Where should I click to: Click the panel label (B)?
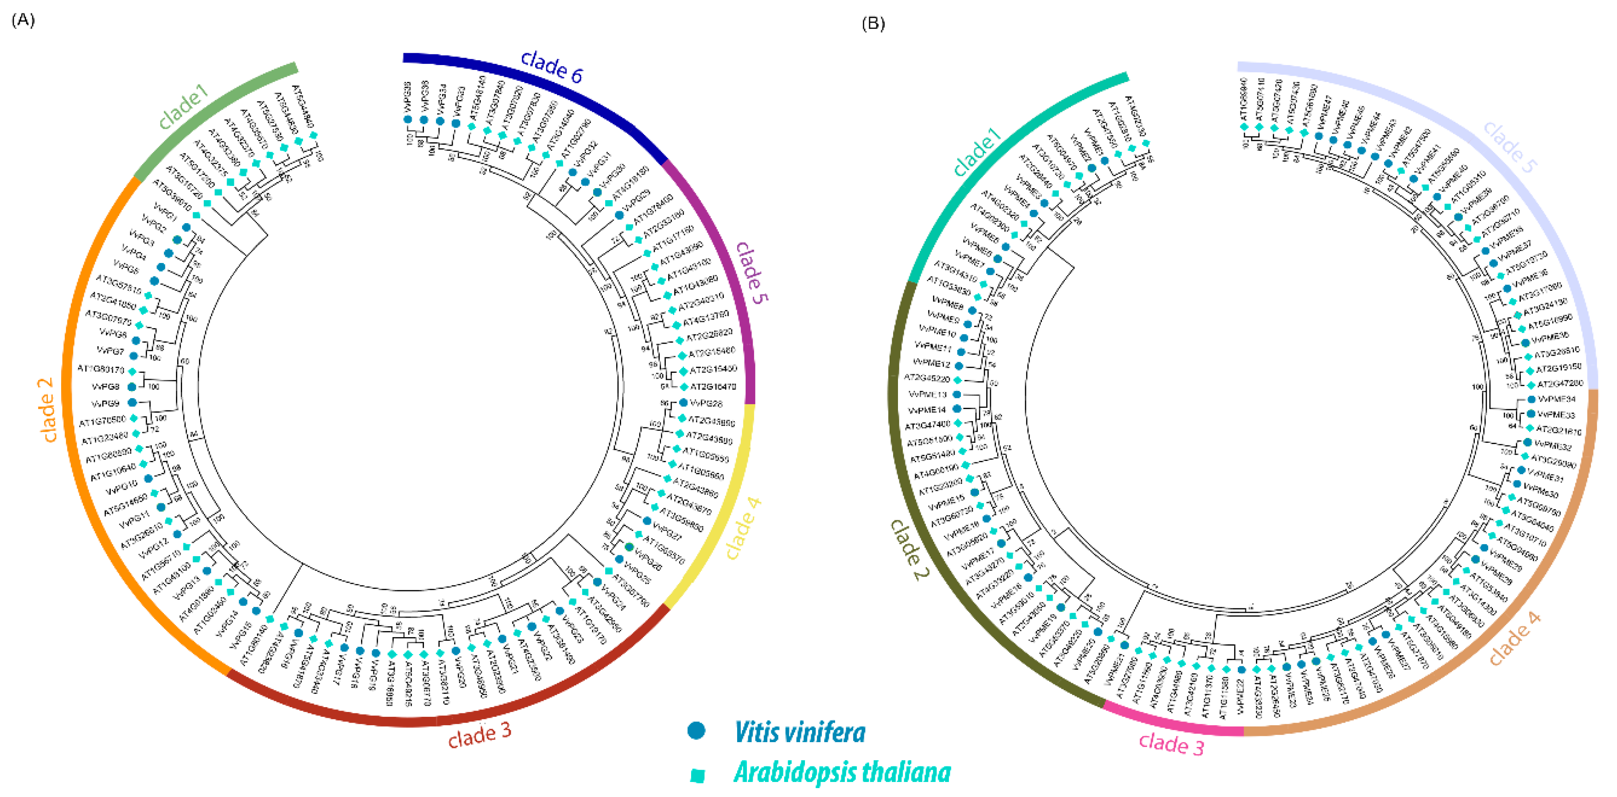(x=873, y=24)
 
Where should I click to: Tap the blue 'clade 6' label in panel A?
(x=552, y=66)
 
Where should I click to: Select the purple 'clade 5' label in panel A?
(x=751, y=272)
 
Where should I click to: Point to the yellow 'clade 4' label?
(x=743, y=528)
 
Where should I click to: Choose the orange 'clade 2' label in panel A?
(x=47, y=409)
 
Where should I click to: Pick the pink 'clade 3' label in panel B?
(x=1171, y=744)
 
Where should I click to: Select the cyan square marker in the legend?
(x=697, y=776)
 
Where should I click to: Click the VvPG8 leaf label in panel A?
(x=105, y=387)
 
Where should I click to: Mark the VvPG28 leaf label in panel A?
(x=706, y=403)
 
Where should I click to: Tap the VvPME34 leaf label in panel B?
(x=1557, y=399)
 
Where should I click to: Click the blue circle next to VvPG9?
(x=132, y=402)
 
